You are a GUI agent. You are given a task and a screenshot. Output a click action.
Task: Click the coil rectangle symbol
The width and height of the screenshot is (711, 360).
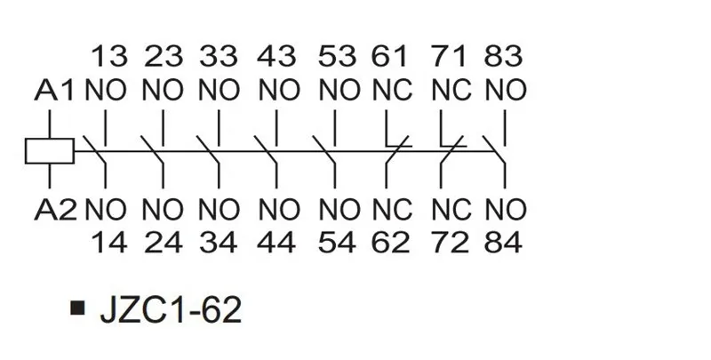[49, 150]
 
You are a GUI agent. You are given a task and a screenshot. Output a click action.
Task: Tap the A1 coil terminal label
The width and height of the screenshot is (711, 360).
[55, 91]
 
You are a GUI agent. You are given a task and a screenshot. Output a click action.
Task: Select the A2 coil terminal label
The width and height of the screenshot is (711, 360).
[55, 211]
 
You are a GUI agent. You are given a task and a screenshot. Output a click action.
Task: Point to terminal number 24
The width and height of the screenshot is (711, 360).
[162, 242]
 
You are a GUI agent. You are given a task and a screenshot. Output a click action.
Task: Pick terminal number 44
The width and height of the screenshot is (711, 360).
[276, 242]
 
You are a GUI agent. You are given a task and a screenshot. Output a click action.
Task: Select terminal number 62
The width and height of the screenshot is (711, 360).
[391, 242]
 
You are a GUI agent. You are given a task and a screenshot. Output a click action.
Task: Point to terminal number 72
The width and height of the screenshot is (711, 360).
[450, 242]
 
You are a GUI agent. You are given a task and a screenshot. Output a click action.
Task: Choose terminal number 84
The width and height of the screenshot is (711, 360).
[505, 242]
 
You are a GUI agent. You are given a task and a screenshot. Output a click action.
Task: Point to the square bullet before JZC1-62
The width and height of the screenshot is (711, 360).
[79, 310]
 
